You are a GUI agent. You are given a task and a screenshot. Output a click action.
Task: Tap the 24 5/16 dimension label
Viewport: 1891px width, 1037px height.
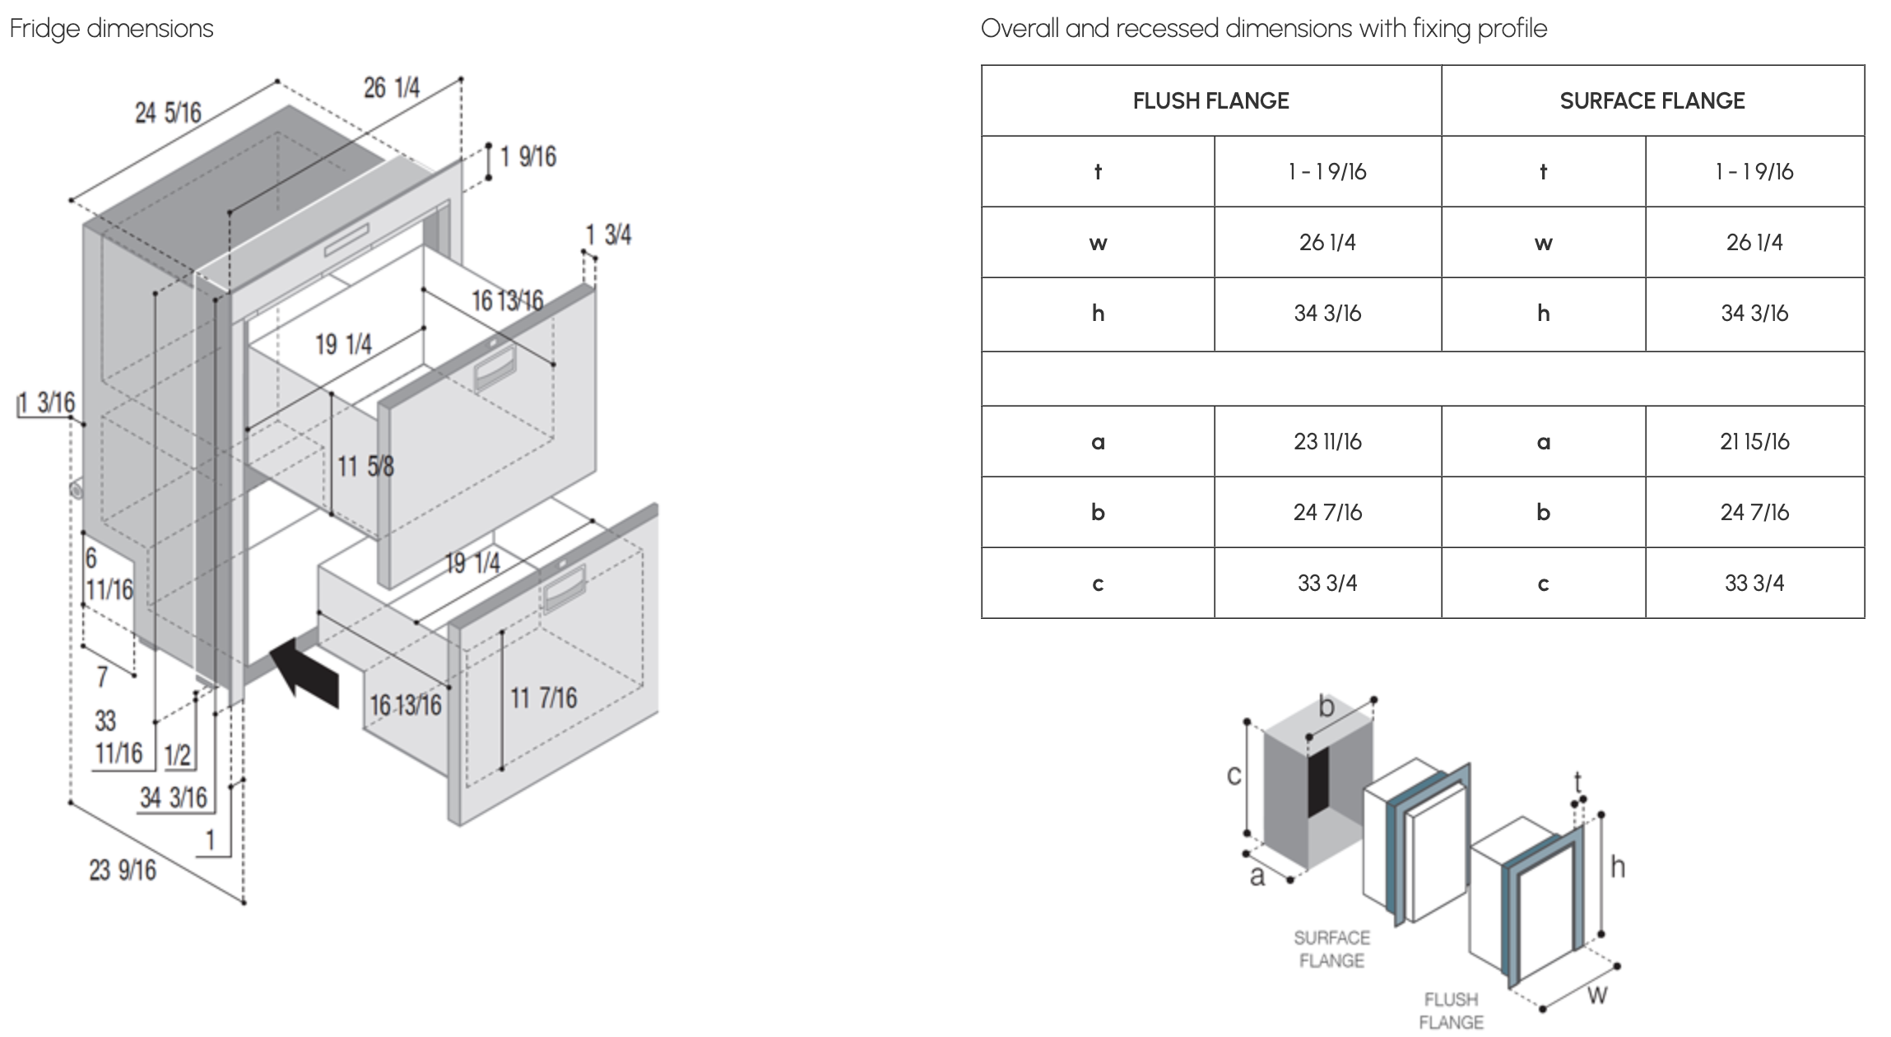[x=168, y=113]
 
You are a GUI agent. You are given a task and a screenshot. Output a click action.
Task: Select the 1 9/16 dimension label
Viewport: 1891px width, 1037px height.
[x=528, y=156]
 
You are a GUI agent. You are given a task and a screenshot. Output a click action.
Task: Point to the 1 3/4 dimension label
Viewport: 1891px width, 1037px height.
[x=608, y=235]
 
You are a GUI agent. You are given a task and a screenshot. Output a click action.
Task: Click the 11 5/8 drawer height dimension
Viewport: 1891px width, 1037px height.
[x=366, y=467]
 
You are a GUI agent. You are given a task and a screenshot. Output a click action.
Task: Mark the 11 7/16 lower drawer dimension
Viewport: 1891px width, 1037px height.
[x=544, y=699]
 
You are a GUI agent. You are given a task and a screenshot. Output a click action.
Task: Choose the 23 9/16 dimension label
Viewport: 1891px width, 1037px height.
[x=123, y=870]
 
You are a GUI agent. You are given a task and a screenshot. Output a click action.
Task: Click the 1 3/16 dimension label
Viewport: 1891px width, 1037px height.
[x=47, y=403]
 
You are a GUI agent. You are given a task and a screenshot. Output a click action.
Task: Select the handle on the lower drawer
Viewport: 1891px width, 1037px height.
[x=562, y=589]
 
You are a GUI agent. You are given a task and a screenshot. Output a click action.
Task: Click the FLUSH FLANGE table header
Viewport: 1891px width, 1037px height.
[x=1210, y=101]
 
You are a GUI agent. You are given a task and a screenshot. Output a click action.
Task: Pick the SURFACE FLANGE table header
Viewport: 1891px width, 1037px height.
[x=1652, y=101]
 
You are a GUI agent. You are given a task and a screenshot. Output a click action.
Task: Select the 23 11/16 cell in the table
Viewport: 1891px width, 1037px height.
[x=1327, y=442]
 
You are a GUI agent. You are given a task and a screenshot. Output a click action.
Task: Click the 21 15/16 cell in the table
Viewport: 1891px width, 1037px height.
[x=1754, y=442]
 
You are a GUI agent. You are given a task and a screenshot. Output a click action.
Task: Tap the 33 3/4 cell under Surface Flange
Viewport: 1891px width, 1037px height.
[x=1754, y=584]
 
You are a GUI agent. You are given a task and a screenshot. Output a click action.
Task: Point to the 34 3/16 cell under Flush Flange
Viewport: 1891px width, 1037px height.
[x=1327, y=314]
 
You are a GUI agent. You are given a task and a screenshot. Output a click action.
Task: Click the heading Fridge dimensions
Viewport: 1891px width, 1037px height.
[x=111, y=29]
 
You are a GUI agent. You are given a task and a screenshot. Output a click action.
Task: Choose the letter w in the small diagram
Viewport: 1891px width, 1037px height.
[x=1596, y=995]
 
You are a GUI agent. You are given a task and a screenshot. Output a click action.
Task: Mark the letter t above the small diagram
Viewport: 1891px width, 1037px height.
[x=1577, y=779]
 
